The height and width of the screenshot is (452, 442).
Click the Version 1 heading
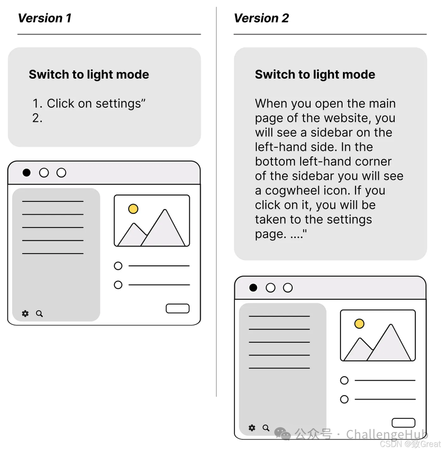[x=45, y=18]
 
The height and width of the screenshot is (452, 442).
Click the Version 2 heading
[x=261, y=18]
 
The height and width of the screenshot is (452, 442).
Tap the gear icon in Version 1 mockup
[x=25, y=313]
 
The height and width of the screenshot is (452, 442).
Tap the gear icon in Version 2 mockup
[x=252, y=428]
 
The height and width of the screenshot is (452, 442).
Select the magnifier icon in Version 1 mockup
[x=39, y=314]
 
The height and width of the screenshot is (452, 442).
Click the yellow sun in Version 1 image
[x=133, y=209]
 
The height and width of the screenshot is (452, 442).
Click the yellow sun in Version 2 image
[x=359, y=324]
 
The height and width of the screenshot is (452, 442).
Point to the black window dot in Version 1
[x=27, y=173]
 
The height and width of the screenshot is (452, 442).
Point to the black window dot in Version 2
[x=253, y=288]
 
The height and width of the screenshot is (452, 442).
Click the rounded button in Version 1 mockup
[x=178, y=308]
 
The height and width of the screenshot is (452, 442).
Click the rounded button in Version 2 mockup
[x=404, y=423]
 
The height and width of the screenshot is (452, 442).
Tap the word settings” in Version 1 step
[x=120, y=104]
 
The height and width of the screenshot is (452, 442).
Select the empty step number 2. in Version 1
[x=37, y=118]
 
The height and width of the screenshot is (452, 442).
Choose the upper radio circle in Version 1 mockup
[x=118, y=266]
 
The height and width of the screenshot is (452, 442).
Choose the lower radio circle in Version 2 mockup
[x=344, y=399]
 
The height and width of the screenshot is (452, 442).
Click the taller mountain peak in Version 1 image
[x=165, y=210]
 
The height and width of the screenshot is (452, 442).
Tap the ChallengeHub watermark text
[x=387, y=434]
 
